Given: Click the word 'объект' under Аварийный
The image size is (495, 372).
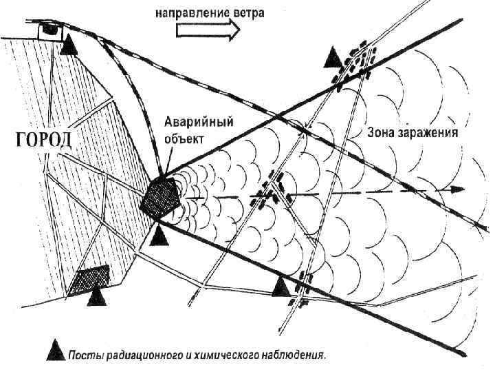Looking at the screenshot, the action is point(184,138).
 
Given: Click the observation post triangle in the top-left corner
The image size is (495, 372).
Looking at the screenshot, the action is point(69,46).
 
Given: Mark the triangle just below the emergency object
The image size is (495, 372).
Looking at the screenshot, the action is point(159,236).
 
